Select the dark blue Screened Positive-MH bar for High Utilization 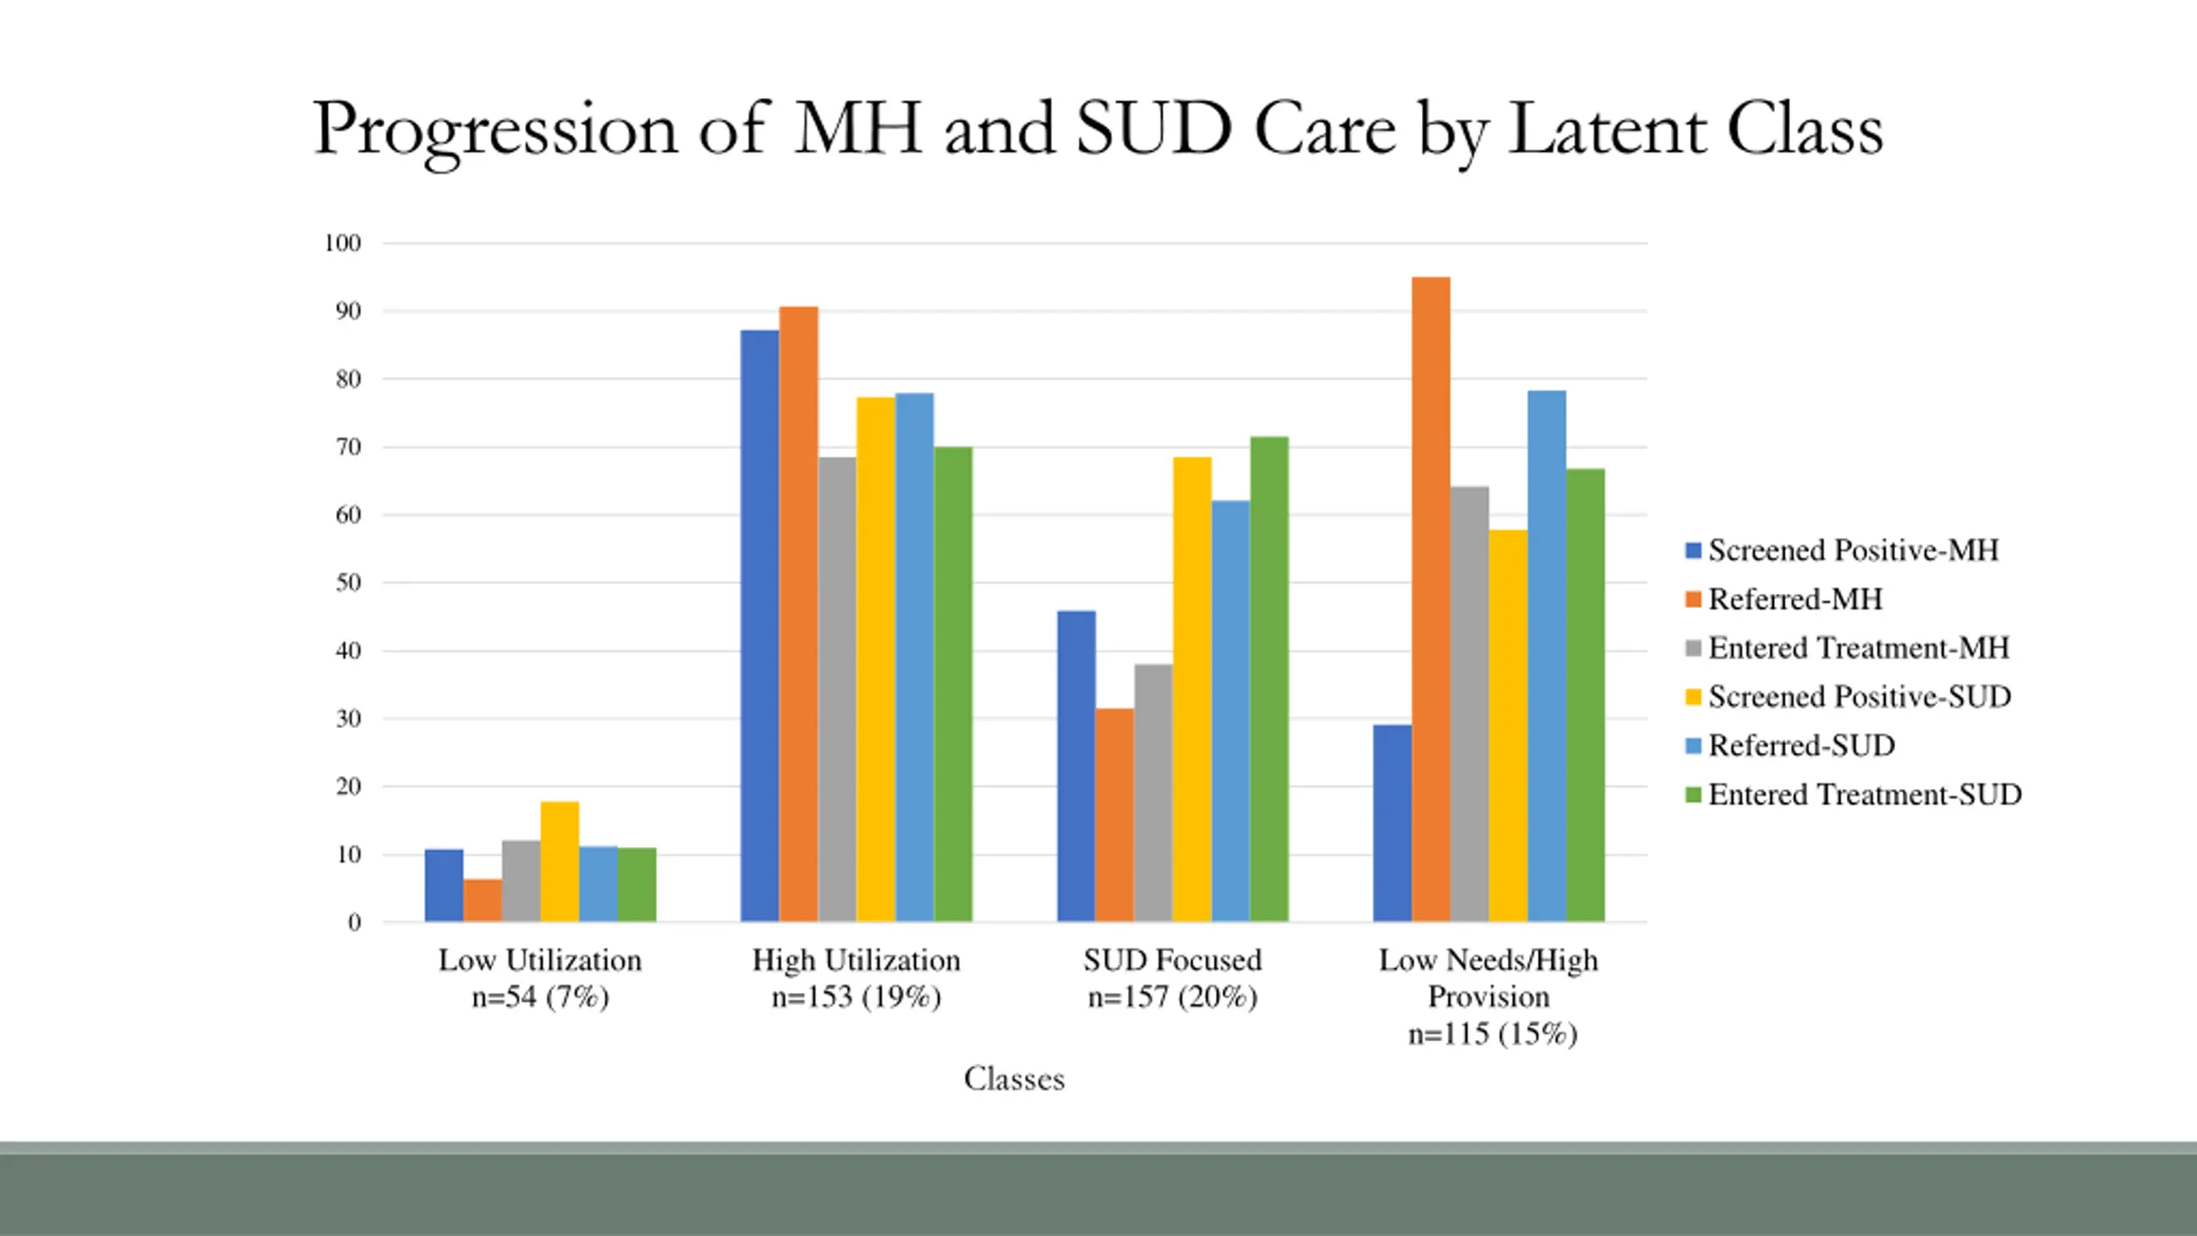coord(760,626)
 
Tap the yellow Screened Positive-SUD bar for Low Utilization coord(560,862)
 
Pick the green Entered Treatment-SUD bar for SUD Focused coord(1268,679)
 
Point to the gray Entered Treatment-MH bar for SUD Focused coord(1153,793)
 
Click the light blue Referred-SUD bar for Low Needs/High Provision coord(1546,657)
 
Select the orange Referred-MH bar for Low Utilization coord(482,900)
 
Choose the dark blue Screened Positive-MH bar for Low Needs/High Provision coord(1392,823)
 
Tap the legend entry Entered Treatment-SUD coord(1864,795)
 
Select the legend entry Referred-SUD coord(1801,746)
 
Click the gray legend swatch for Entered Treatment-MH coord(1693,649)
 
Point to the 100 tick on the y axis coord(342,244)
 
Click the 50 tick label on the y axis coord(348,583)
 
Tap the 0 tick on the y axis coord(354,923)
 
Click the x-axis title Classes coord(1014,1079)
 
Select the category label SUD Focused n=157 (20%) coord(1172,978)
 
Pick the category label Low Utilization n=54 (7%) coord(540,978)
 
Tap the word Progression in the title coord(495,130)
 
